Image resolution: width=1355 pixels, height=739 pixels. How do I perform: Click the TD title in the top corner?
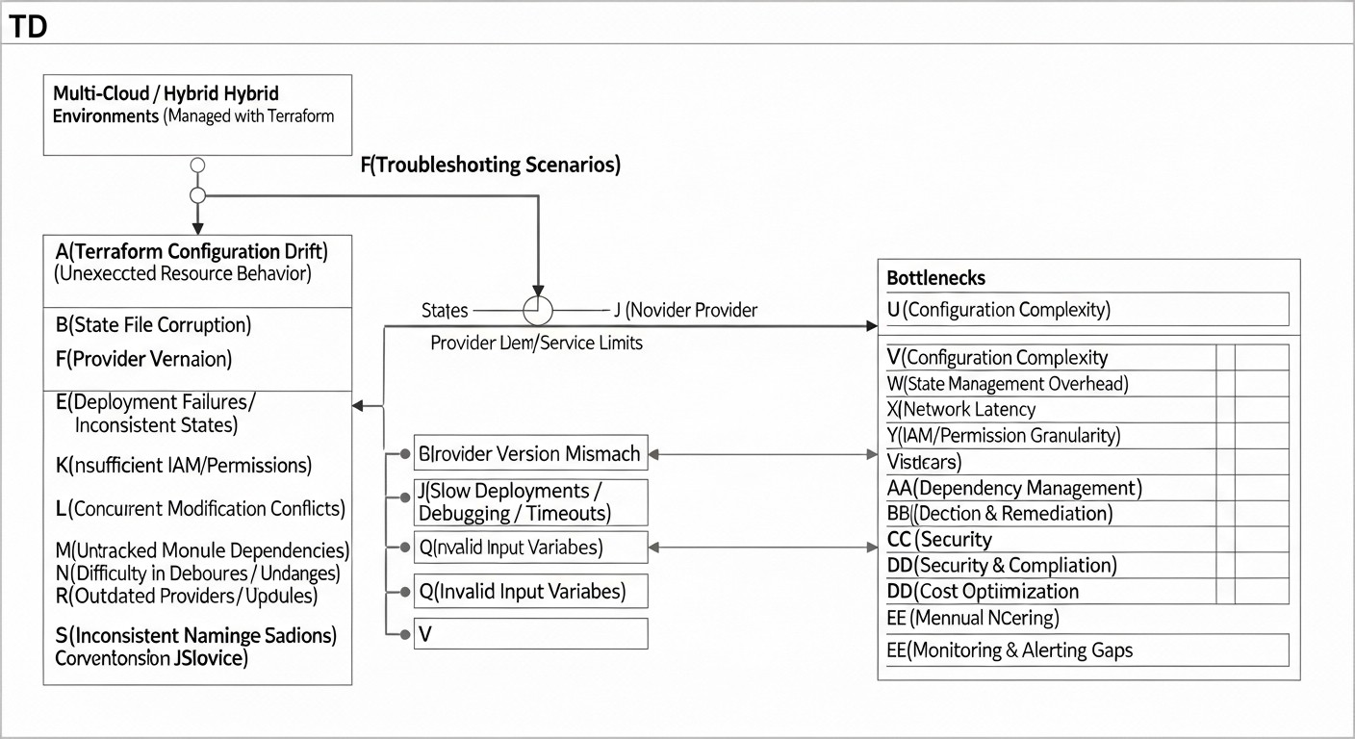point(28,28)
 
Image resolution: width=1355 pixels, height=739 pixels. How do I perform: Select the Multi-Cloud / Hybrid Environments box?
point(197,115)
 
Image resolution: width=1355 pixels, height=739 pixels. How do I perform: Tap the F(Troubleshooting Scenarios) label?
point(490,165)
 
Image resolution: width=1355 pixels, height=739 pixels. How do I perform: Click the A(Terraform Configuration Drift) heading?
point(192,252)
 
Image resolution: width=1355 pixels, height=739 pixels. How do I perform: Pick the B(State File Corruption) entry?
point(154,324)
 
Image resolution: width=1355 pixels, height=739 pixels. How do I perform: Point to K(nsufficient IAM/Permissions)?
point(184,466)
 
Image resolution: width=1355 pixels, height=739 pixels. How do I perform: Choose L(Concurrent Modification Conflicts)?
point(200,508)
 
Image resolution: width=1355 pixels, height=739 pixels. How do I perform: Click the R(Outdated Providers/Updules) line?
point(187,596)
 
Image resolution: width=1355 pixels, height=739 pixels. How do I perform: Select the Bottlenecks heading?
point(935,278)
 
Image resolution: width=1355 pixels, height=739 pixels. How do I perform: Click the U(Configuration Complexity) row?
point(998,310)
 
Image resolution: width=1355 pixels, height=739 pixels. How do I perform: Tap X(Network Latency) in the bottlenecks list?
point(960,409)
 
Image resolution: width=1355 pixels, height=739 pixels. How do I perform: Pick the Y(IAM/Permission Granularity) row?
point(1003,435)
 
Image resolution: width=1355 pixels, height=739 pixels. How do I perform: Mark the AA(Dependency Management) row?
point(1013,488)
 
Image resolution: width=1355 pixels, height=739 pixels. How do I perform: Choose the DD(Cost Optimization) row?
point(983,591)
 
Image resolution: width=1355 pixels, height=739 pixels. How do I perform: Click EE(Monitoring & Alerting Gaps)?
point(1010,650)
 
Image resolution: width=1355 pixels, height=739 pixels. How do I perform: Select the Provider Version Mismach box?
point(530,452)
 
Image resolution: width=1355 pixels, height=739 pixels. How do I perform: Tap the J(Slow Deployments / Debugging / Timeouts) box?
point(530,502)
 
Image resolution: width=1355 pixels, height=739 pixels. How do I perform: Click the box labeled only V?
point(530,633)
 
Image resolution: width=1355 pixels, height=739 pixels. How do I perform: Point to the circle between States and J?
point(538,311)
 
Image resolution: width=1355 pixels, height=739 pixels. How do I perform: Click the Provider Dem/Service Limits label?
point(536,343)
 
